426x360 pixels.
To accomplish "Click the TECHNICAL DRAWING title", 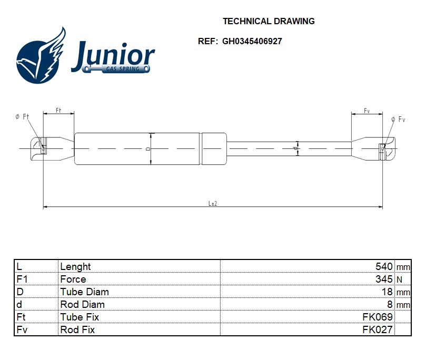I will click(269, 22).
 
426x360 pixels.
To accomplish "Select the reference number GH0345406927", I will click(252, 41).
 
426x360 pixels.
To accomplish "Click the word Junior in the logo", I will click(113, 55).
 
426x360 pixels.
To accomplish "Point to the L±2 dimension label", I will click(213, 203).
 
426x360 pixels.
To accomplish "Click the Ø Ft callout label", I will click(22, 116).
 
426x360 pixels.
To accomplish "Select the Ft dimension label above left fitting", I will click(58, 110).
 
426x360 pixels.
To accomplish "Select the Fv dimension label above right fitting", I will click(366, 111).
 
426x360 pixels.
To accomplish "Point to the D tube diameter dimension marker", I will click(148, 149).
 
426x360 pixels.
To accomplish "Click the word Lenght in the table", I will click(75, 267).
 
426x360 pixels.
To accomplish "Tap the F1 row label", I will click(22, 279).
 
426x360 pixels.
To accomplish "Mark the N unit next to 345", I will click(399, 280).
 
